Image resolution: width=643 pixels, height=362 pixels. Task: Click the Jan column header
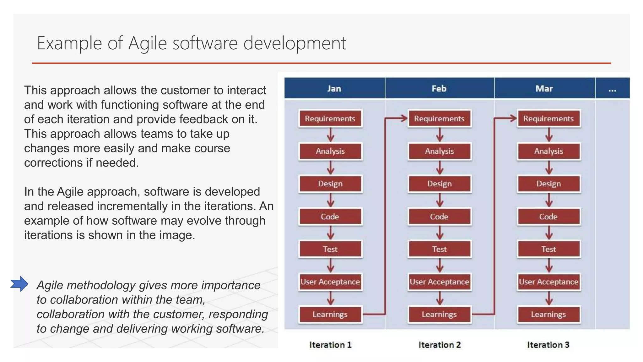click(334, 89)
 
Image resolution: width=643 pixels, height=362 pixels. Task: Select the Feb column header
click(439, 89)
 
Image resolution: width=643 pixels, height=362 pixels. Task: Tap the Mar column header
click(544, 89)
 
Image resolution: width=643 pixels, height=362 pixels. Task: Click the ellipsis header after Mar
click(612, 89)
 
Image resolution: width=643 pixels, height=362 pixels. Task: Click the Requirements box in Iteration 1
click(330, 118)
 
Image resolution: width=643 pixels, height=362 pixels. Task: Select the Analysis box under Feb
click(439, 151)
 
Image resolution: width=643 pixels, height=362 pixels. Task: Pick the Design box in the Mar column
click(548, 184)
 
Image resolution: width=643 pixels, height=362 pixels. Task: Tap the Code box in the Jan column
click(330, 217)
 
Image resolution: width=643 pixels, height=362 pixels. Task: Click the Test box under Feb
click(439, 249)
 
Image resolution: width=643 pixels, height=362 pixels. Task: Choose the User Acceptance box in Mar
click(548, 282)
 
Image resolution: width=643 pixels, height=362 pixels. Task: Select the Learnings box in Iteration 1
click(330, 315)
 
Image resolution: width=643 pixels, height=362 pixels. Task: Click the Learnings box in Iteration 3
click(548, 315)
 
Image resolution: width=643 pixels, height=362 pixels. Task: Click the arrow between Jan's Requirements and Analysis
click(330, 135)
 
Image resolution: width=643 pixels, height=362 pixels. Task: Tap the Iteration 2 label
click(439, 345)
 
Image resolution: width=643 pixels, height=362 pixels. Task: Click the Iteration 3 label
click(548, 345)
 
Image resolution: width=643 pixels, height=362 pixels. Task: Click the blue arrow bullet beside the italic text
click(19, 284)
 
